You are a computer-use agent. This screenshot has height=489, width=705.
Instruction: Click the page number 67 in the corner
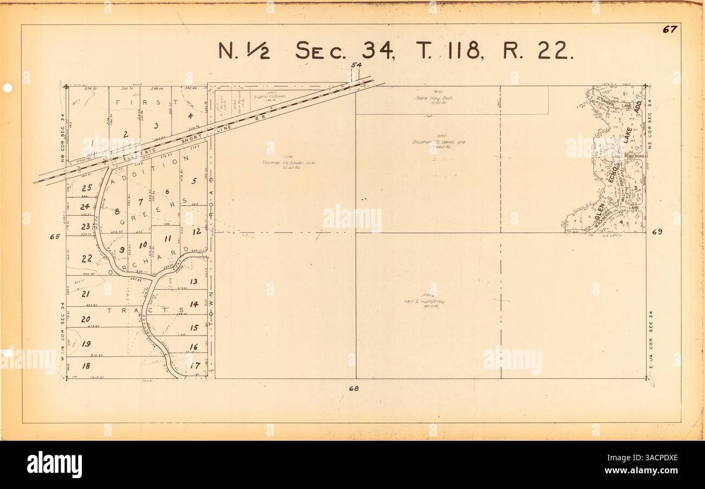point(669,30)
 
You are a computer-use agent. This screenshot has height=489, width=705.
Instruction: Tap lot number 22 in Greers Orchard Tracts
point(87,259)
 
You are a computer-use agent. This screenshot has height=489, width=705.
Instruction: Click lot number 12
point(197,231)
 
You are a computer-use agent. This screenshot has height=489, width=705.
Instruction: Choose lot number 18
point(86,366)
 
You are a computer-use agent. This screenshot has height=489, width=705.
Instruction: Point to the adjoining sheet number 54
point(356,66)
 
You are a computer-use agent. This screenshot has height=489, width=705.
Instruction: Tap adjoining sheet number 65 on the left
point(54,236)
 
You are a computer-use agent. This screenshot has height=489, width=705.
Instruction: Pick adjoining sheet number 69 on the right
point(657,232)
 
